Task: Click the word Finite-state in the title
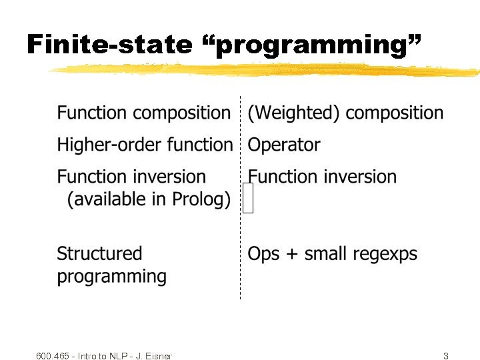pos(109,45)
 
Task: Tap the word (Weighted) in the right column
pos(294,113)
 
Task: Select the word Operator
pos(284,145)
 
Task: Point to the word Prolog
pos(200,199)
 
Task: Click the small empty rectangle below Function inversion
pos(248,199)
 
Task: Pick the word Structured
pos(99,254)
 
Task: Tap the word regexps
pos(385,255)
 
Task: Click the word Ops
pos(263,255)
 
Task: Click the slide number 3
pos(446,356)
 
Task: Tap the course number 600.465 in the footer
pos(53,356)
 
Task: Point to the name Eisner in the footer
pos(159,356)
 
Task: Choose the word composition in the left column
pos(181,113)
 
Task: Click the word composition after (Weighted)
pos(395,113)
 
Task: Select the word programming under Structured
pos(112,277)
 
